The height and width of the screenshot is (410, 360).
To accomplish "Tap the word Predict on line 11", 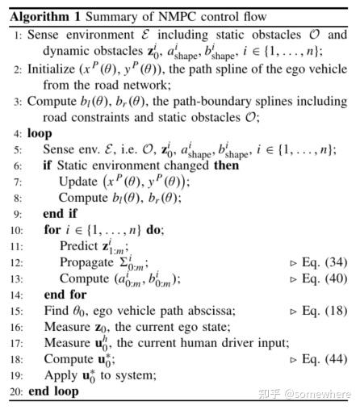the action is click(79, 247).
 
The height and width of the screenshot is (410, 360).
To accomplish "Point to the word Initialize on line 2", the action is click(54, 71).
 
